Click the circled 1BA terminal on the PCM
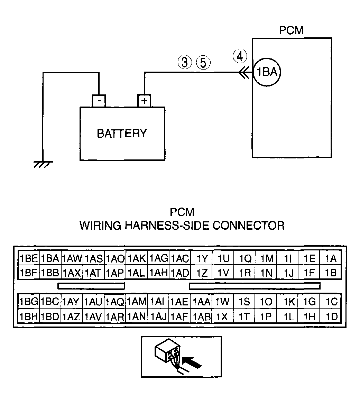pos(267,72)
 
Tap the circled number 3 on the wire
pos(185,62)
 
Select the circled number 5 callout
pos(203,63)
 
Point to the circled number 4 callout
pos(240,56)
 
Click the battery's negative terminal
pos(99,101)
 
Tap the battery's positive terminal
pos(144,101)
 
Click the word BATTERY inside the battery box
pos(122,134)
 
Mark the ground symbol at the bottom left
pos(43,164)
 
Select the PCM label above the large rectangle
pos(291,30)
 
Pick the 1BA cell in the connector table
pos(50,258)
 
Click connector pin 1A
pos(330,258)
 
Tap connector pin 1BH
pos(29,316)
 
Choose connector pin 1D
pos(330,316)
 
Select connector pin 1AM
pos(137,301)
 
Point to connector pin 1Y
pos(202,258)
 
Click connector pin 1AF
pos(179,316)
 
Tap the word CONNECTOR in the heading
pos(249,226)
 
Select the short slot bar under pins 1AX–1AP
pos(91,286)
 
